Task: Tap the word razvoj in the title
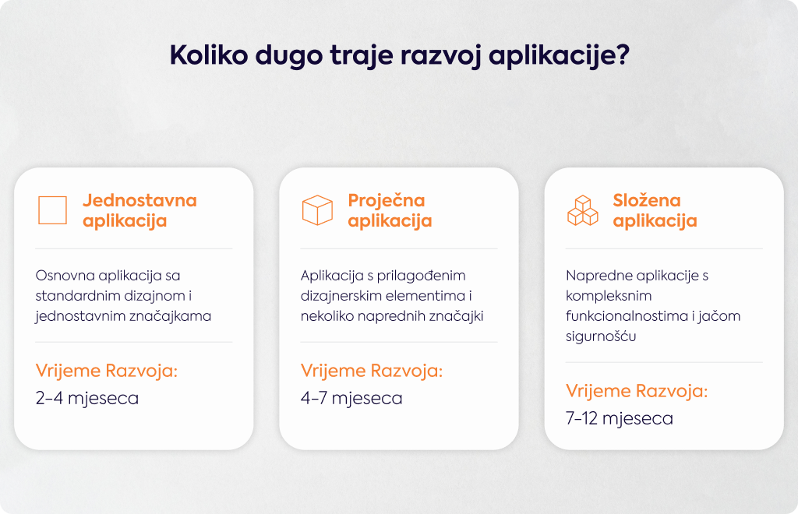click(x=441, y=56)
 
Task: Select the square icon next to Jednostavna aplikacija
click(x=52, y=210)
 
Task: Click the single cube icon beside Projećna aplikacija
click(x=318, y=210)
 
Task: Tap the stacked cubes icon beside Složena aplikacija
click(x=583, y=210)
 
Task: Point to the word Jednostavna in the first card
click(x=140, y=200)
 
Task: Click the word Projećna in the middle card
click(x=387, y=200)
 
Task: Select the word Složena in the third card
click(x=646, y=200)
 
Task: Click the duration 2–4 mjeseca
click(x=87, y=398)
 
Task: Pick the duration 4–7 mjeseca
click(x=351, y=398)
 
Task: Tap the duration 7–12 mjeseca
click(x=620, y=418)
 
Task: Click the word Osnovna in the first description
click(x=65, y=276)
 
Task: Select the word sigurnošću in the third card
click(x=601, y=336)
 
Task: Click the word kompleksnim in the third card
click(x=609, y=297)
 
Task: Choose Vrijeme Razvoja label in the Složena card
click(x=637, y=391)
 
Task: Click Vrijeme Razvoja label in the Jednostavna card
click(x=106, y=371)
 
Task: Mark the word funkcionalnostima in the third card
click(x=627, y=316)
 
